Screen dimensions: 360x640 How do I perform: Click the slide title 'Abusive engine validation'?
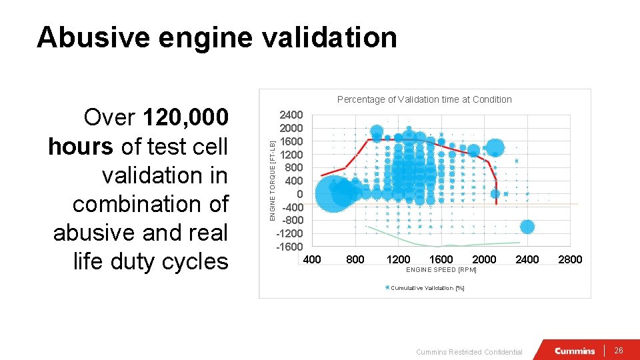217,37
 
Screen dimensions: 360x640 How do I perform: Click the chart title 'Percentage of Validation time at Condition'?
424,99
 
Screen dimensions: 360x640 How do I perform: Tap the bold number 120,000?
185,117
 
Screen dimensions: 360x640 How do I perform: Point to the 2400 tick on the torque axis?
291,115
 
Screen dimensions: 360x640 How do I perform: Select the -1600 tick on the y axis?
289,247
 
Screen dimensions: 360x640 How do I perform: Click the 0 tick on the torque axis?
299,194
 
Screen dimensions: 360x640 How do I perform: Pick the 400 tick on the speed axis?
312,259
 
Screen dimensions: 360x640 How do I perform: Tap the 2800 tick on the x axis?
570,259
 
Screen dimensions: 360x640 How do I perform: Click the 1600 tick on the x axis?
441,259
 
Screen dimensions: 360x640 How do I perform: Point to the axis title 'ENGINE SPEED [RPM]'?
441,270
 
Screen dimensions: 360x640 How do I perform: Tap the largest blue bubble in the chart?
333,193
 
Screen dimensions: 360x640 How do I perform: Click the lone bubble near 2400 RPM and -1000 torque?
527,227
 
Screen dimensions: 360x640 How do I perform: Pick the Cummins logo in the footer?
575,351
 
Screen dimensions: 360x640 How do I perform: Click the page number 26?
618,351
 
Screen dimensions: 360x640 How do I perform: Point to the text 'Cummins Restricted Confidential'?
469,352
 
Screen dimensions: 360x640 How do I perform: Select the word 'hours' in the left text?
81,147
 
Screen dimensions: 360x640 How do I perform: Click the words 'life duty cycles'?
151,261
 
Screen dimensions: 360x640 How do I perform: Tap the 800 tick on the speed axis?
355,259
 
